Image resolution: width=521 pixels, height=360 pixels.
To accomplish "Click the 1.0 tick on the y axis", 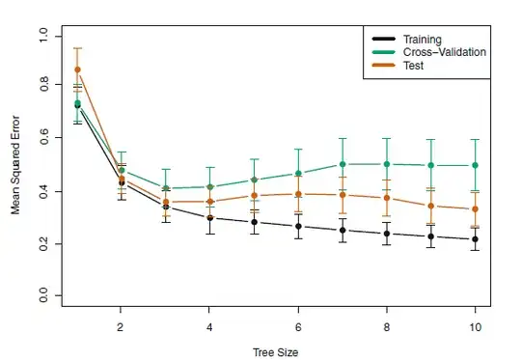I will pos(43,36).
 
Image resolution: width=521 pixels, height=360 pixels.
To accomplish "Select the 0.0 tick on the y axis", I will pos(43,297).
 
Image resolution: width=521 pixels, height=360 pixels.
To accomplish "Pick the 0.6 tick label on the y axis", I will pos(43,140).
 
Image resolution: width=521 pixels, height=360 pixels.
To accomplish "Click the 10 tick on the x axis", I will pos(475,326).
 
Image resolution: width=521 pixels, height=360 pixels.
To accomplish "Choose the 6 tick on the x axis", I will pos(298,326).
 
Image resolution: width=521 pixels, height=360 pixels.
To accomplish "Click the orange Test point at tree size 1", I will pos(77,69).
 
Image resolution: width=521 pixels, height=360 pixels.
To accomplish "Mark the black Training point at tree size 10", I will pos(475,239).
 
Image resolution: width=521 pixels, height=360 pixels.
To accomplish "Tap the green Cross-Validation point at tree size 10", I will pos(475,165).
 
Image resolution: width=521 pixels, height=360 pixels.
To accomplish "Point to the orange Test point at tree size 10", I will pos(475,209).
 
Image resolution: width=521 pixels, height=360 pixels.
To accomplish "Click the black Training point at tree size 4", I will pos(209,218).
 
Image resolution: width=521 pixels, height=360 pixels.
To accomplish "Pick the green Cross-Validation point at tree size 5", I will pos(254,180).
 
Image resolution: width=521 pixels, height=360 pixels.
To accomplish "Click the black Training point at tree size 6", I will pos(298,227).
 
